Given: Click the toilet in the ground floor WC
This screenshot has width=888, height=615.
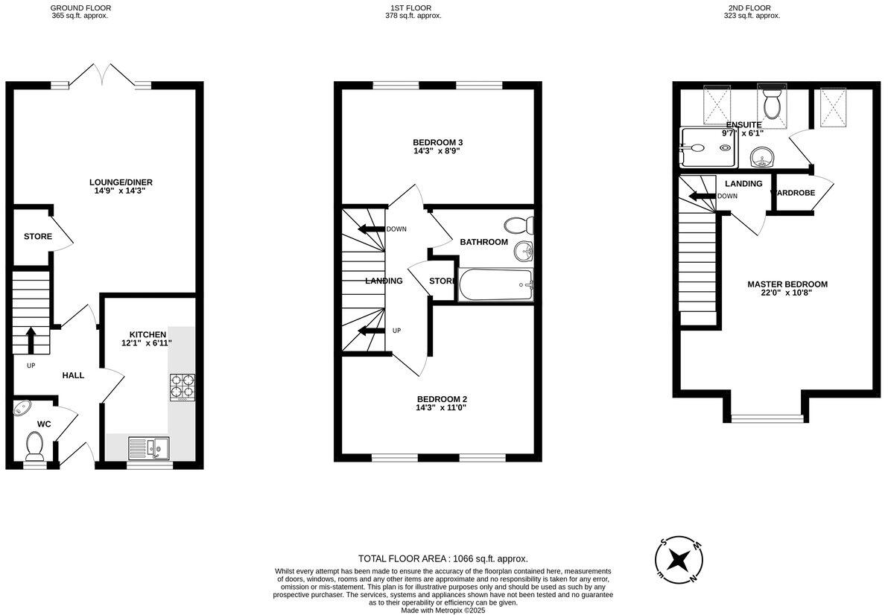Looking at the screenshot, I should click(34, 446).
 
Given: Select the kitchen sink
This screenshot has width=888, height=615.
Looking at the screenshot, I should click(148, 447).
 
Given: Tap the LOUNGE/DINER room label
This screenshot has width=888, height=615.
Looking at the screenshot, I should click(121, 182).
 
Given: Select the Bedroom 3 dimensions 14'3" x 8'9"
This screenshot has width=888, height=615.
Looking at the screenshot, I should click(443, 151).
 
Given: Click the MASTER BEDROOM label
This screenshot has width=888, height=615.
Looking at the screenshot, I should click(787, 284).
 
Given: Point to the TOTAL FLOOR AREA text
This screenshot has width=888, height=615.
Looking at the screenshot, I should click(443, 558).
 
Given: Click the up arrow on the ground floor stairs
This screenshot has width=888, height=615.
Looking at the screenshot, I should click(31, 340).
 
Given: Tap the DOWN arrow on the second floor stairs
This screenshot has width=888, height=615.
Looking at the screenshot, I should click(700, 197).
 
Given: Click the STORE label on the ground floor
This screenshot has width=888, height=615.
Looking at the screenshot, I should click(38, 237).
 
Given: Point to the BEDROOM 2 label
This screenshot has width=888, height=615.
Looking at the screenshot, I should click(442, 398).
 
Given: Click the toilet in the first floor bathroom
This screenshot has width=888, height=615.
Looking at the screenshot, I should click(517, 224).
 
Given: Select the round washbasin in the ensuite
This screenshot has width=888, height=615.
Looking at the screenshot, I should click(761, 158).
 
